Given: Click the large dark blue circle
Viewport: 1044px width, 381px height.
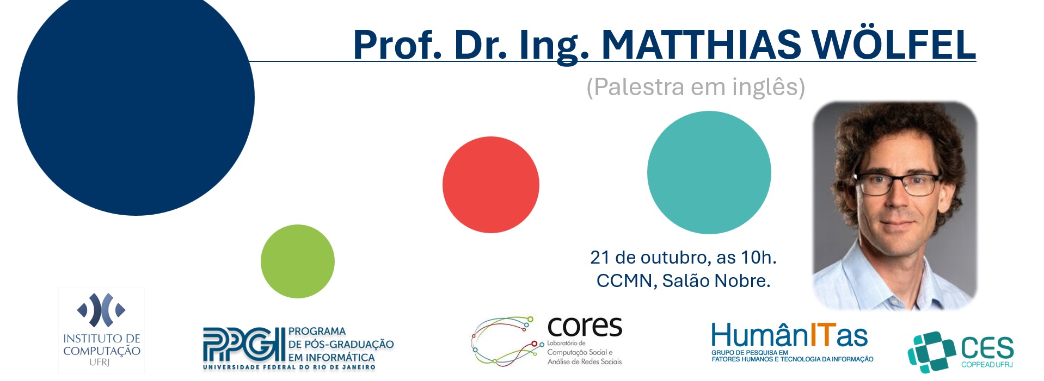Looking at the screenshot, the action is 136,98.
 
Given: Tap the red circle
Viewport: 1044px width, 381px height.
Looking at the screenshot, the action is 491,185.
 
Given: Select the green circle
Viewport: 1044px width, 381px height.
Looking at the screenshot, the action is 298,261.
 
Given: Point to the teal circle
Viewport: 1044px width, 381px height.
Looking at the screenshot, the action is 709,173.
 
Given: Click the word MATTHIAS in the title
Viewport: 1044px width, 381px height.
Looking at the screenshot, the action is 702,45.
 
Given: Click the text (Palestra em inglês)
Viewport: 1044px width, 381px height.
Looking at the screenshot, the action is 696,87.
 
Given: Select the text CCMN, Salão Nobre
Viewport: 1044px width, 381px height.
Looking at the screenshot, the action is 684,280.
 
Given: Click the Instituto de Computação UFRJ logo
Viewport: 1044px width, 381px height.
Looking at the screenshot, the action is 102,330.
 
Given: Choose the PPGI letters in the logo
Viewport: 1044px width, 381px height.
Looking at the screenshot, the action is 244,345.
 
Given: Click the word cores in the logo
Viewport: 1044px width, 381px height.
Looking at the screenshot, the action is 585,327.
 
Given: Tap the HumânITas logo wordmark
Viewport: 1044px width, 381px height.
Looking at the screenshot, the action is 789,335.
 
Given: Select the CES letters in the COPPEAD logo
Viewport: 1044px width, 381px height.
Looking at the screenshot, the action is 987,348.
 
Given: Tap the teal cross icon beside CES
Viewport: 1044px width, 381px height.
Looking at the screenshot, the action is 931,352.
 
